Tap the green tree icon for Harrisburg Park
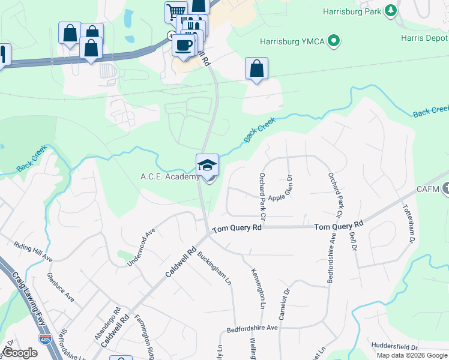coord(391,10)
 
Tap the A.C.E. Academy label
coord(169,176)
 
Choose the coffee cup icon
coord(184,44)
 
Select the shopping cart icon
coord(176,11)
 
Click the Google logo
coord(20,353)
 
